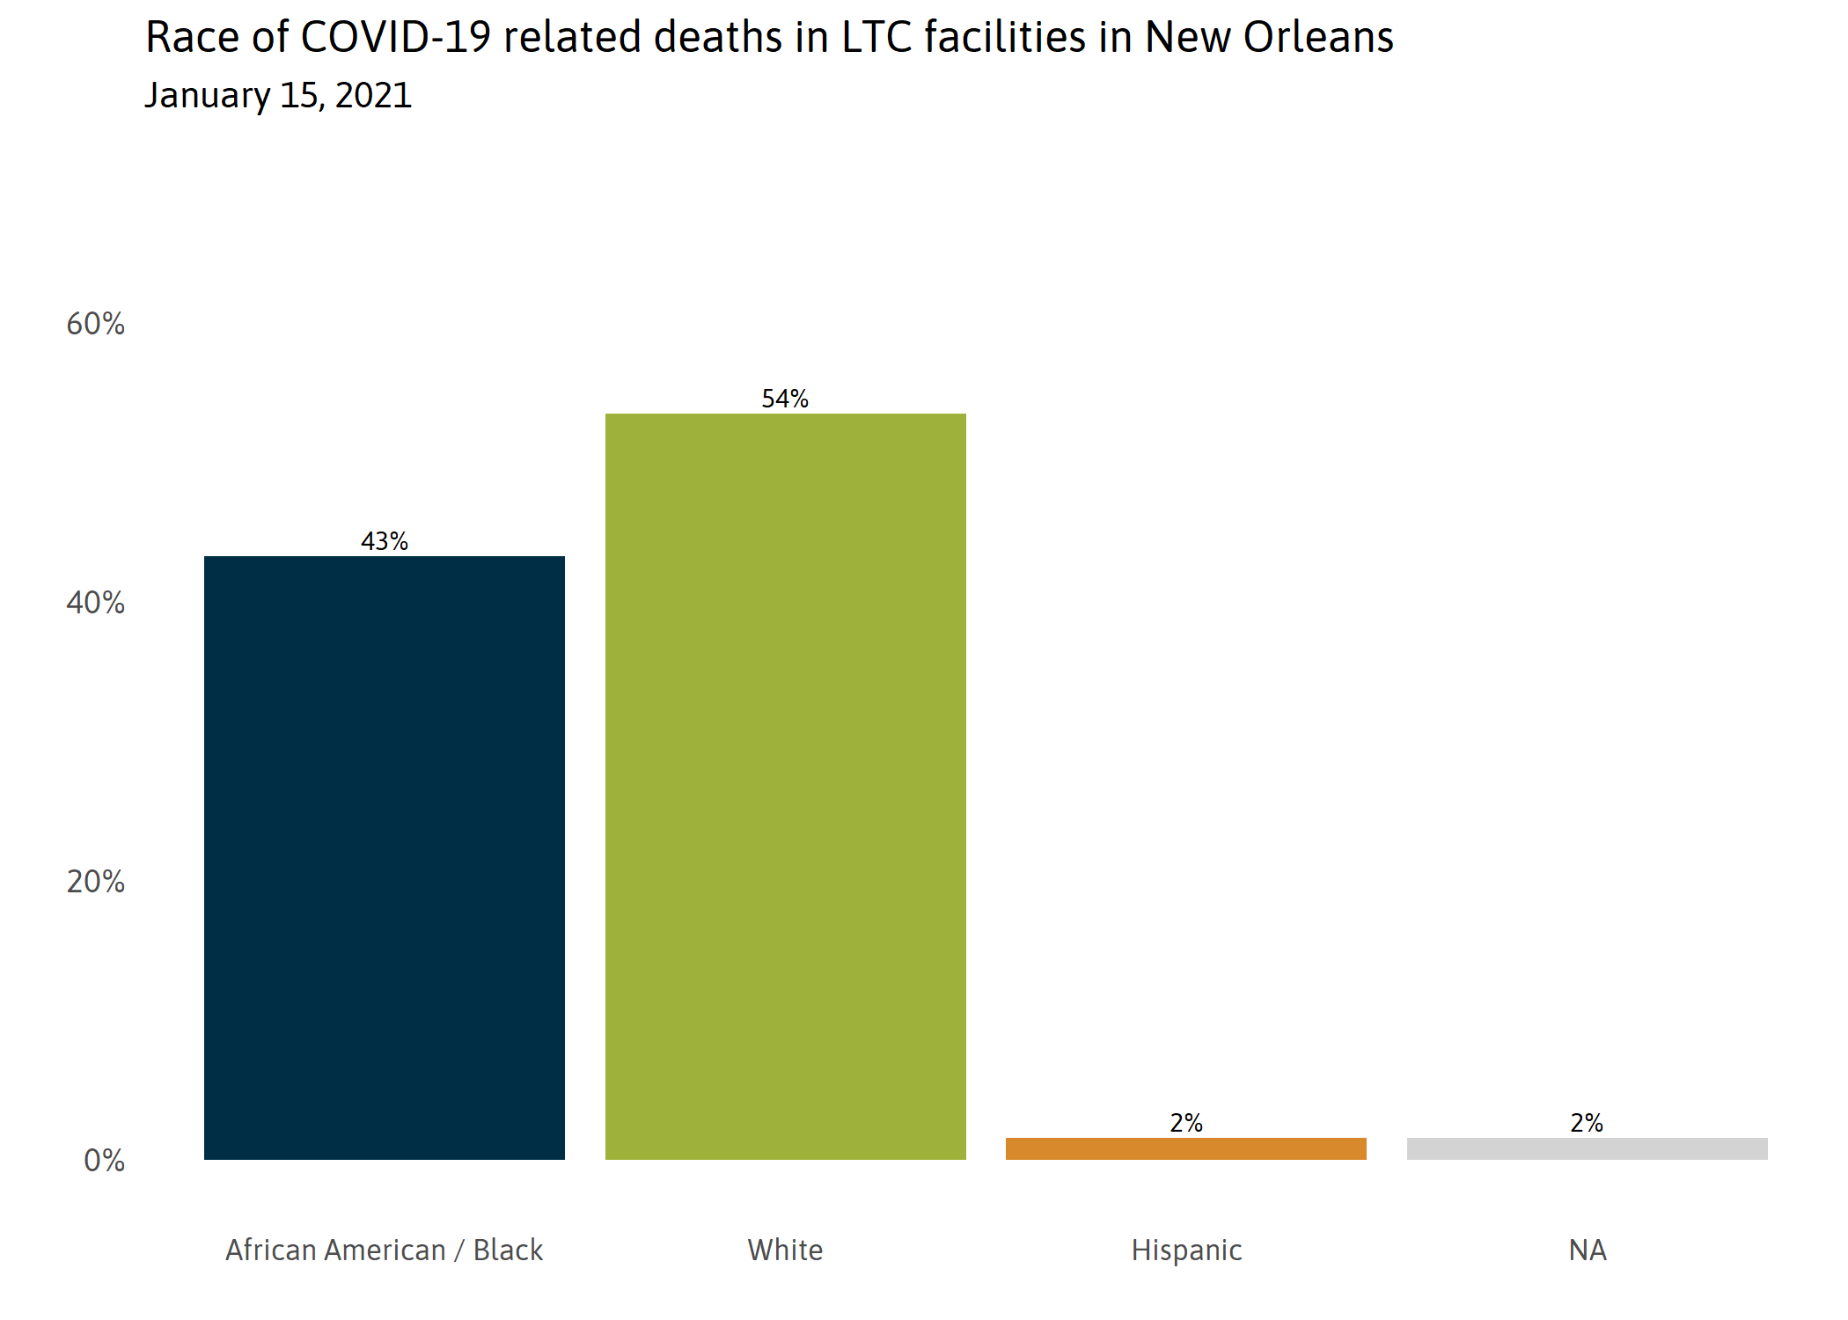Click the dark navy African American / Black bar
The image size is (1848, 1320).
(x=385, y=857)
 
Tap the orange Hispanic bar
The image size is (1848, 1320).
(x=1185, y=1148)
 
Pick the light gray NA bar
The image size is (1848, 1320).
(x=1587, y=1148)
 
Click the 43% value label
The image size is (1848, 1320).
(x=385, y=541)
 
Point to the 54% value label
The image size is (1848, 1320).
(x=785, y=399)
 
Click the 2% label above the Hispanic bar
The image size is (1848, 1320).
(x=1185, y=1123)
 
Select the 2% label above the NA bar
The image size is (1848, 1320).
(x=1587, y=1123)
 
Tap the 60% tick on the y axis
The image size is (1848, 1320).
(x=96, y=324)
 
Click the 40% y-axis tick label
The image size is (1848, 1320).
(x=96, y=603)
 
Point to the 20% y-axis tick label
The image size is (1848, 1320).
(x=96, y=882)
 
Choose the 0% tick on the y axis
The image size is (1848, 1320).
(x=104, y=1161)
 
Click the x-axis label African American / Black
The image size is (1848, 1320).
(x=385, y=1250)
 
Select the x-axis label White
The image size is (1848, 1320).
(x=785, y=1250)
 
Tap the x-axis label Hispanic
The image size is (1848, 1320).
(x=1186, y=1250)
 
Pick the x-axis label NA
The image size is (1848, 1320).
(x=1588, y=1250)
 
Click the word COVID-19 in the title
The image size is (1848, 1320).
(x=395, y=38)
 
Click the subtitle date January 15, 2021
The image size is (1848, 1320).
(x=278, y=95)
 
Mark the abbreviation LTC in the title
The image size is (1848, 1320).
(x=876, y=38)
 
